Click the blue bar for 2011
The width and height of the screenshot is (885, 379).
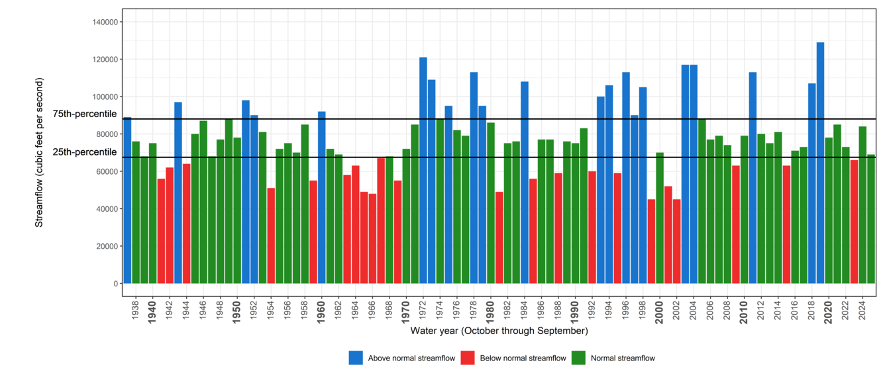click(753, 178)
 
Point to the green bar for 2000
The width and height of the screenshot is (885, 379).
click(660, 218)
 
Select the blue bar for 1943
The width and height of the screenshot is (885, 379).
click(178, 192)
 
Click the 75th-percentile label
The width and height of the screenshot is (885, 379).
click(85, 114)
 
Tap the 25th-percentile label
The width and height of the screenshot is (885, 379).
click(85, 152)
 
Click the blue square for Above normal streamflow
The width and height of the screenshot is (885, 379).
click(356, 358)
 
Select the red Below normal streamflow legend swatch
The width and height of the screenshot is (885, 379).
click(468, 358)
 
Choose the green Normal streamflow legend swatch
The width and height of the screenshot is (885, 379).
click(578, 358)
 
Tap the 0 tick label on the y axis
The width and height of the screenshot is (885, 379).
click(117, 284)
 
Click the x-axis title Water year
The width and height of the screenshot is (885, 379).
click(498, 330)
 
